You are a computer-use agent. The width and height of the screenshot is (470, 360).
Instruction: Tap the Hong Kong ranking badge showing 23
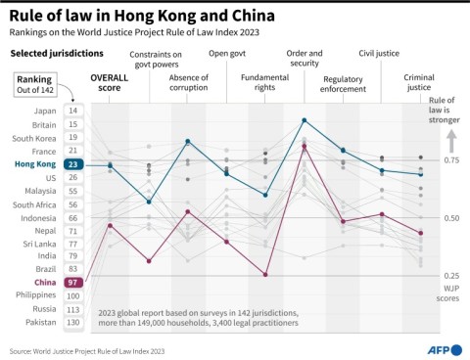pos(72,165)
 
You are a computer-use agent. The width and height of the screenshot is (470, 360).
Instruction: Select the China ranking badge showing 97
pos(72,282)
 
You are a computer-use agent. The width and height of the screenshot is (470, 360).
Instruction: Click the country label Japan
pos(42,112)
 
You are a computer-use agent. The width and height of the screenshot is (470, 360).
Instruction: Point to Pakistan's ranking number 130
pos(72,322)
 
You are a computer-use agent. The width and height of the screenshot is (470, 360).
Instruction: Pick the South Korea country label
pos(33,138)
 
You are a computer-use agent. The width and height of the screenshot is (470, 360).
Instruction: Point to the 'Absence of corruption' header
pos(188,82)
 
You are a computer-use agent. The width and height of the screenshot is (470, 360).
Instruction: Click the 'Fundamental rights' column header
pos(264,82)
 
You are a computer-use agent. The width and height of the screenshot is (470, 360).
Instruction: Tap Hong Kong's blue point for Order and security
pos(305,120)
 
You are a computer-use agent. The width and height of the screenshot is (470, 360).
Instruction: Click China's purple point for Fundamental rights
pos(265,275)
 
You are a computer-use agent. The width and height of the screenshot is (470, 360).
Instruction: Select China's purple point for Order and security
pos(305,147)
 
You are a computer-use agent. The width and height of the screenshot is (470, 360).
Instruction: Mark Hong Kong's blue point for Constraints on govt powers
pos(149,202)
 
